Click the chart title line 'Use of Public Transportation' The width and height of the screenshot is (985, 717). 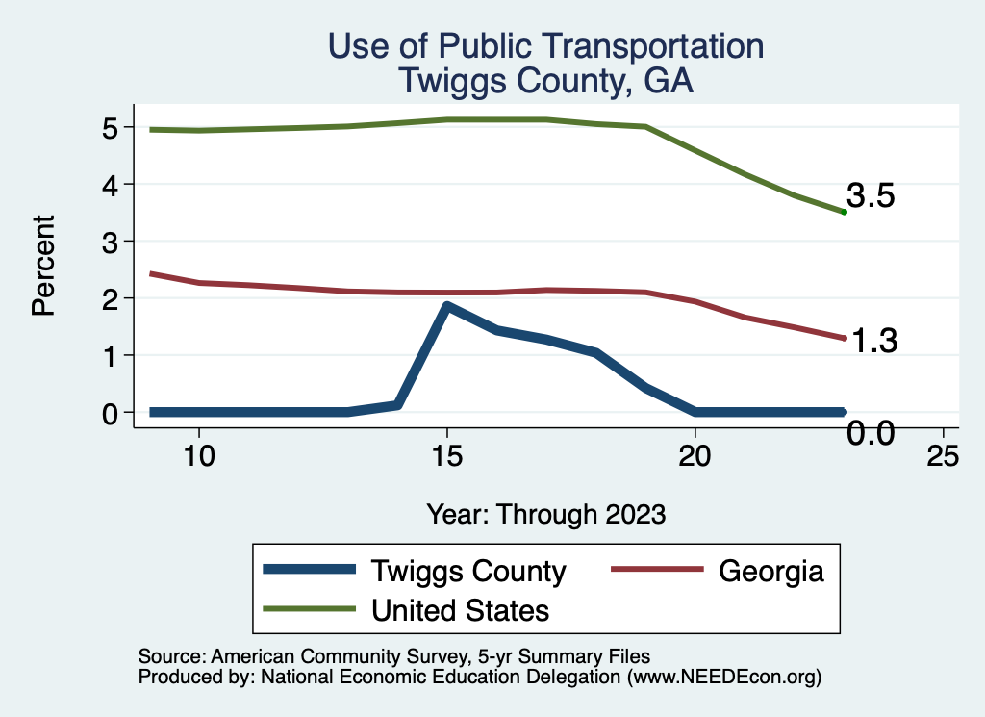tap(545, 46)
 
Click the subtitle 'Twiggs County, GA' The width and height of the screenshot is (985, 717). tap(545, 81)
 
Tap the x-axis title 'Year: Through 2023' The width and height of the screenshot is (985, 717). tap(545, 514)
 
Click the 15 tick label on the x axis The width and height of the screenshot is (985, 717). tap(446, 456)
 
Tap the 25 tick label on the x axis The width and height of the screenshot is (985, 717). tap(943, 456)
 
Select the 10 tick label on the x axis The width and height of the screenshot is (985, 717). tap(198, 456)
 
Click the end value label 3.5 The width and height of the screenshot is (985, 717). tap(871, 196)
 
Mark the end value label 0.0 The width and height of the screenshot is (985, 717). tap(871, 434)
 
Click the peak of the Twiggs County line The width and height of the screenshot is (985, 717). tap(447, 306)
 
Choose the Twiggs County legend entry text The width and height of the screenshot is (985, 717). tap(468, 571)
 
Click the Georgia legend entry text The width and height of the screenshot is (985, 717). tap(771, 571)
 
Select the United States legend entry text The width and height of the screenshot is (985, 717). tap(461, 609)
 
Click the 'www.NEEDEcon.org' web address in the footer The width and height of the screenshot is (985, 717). tap(725, 677)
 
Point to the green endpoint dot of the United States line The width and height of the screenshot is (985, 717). tap(844, 212)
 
